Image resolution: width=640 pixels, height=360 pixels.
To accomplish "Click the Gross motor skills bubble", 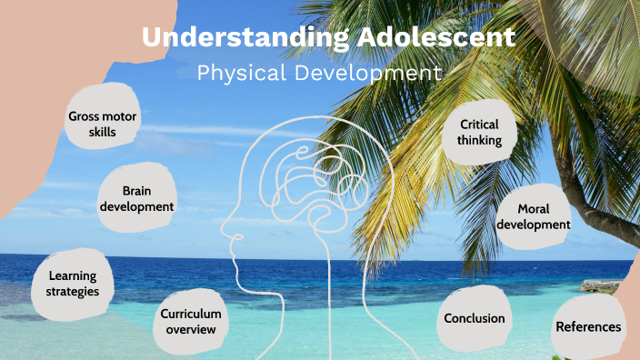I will tap(103, 124).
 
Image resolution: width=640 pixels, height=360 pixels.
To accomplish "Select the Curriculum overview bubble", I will tap(191, 320).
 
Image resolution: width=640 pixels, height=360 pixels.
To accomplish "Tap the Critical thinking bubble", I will tap(479, 133).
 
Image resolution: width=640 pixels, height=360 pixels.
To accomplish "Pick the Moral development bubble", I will tap(533, 216).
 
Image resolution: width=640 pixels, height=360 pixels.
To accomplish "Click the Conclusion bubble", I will tap(474, 318).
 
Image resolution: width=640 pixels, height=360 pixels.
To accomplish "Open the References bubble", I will tap(588, 326).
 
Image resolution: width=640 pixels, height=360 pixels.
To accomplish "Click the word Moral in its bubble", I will tap(533, 208).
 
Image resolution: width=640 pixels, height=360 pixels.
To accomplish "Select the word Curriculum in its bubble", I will tap(191, 313).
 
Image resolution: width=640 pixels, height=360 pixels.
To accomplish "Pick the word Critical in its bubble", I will tap(479, 125).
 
